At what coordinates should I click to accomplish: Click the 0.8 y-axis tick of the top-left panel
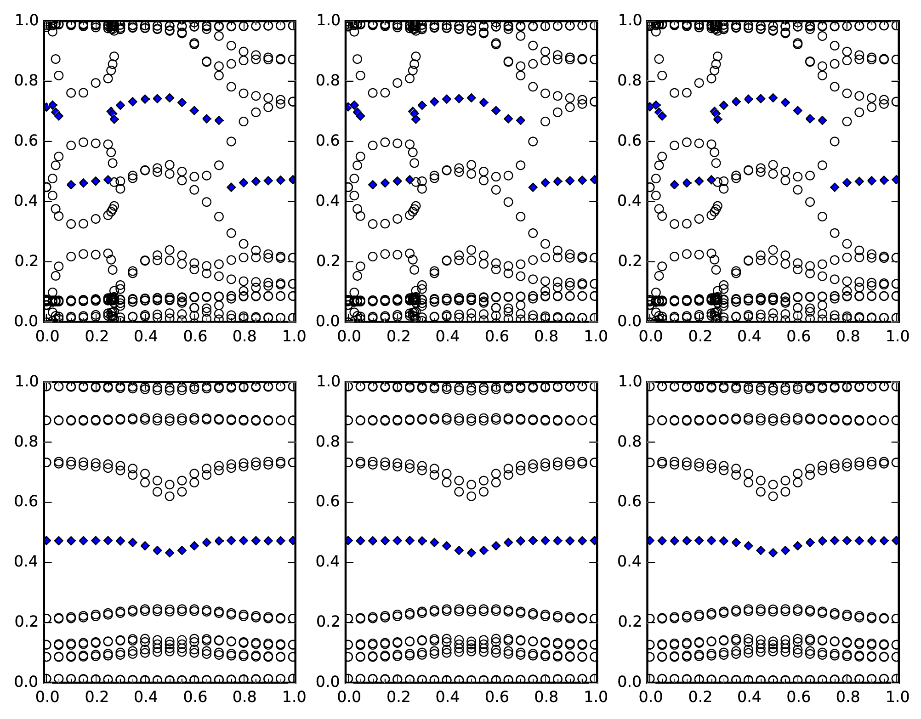click(44, 81)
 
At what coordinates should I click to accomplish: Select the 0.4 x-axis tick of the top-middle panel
click(446, 322)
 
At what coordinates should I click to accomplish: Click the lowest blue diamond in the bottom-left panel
click(170, 553)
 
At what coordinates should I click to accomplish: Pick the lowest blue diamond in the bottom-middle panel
click(471, 553)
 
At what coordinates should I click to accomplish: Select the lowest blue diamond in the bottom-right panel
click(773, 553)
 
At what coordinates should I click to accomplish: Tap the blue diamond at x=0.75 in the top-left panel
click(231, 187)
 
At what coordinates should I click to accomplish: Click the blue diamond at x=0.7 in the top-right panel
click(823, 120)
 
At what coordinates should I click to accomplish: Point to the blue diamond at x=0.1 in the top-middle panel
click(373, 185)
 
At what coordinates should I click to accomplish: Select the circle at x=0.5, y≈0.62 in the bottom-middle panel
click(471, 496)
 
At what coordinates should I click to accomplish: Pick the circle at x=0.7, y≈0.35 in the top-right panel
click(823, 216)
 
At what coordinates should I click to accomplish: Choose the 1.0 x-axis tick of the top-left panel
click(295, 322)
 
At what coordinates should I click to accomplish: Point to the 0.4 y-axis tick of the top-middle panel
click(346, 201)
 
